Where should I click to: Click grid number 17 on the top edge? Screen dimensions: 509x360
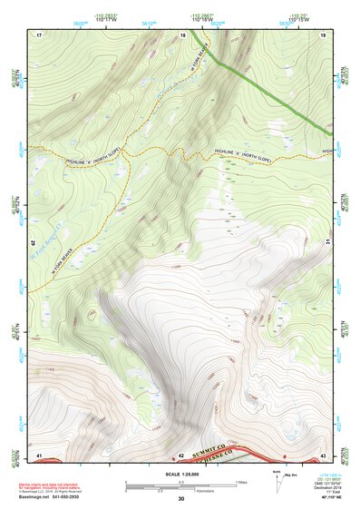[39, 34]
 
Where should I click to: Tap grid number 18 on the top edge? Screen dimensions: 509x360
[183, 34]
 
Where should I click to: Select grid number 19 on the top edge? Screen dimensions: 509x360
[324, 34]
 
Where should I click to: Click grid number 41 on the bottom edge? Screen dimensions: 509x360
[39, 454]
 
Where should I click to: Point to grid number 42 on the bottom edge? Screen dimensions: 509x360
[181, 454]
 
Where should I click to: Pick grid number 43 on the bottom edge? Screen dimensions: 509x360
[324, 454]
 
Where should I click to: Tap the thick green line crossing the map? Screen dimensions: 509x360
[272, 91]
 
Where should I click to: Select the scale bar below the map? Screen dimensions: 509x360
[181, 486]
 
